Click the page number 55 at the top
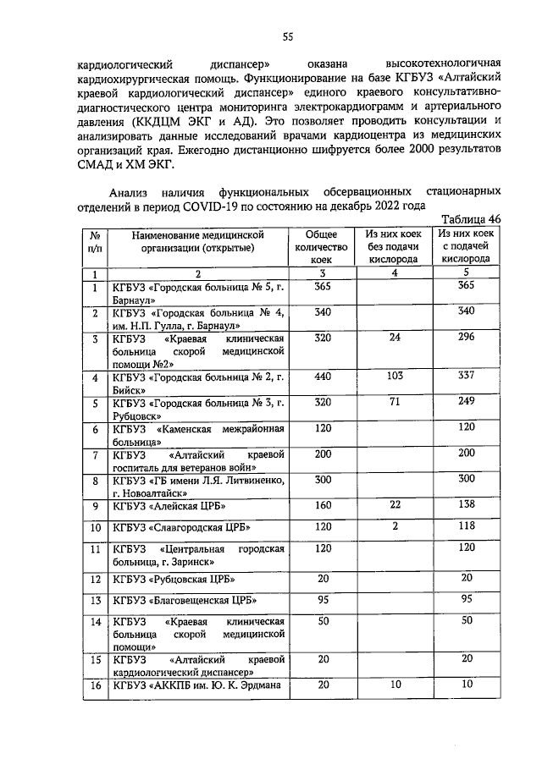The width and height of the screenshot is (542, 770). point(287,36)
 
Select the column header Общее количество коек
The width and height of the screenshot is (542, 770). point(322,246)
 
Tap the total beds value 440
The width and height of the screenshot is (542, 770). point(322,376)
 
